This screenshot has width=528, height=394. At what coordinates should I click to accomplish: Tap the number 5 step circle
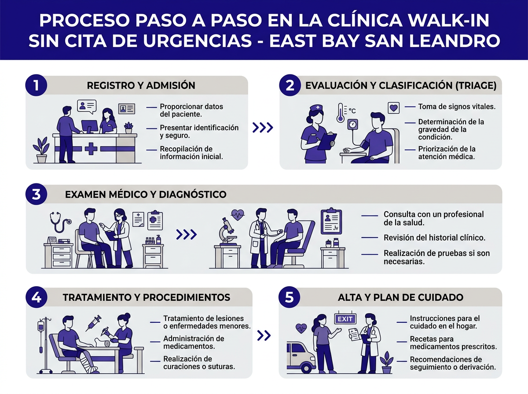290,297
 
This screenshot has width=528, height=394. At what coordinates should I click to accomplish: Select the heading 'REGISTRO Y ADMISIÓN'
141,85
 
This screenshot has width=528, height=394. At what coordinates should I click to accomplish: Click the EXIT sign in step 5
345,319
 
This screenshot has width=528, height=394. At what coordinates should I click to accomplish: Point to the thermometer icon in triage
340,113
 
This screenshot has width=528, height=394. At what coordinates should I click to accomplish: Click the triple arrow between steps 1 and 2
263,128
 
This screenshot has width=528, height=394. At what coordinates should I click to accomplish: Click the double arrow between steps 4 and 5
264,336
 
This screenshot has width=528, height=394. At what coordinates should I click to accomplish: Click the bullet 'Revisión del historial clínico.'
434,237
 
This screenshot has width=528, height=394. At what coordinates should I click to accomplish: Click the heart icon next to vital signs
393,107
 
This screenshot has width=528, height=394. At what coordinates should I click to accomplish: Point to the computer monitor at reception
90,127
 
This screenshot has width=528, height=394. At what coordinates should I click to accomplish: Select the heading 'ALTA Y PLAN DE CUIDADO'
400,297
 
